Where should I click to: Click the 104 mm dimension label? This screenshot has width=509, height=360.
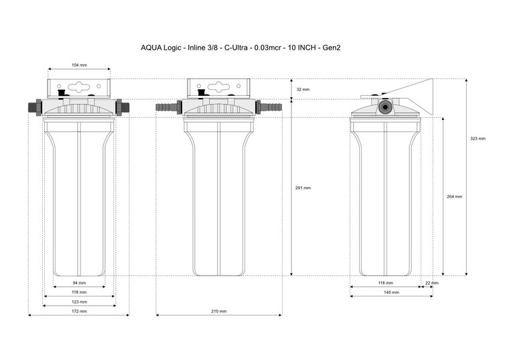coord(79,65)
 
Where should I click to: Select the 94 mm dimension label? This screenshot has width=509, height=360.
coord(79,283)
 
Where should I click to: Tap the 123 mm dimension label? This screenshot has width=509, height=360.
coord(79,302)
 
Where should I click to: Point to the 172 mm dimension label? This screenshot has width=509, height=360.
coord(79,311)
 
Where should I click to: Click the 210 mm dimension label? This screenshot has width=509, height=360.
coord(219,311)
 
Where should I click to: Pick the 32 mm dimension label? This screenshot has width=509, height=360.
coord(303,89)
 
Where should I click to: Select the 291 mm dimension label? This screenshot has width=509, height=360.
coord(303,188)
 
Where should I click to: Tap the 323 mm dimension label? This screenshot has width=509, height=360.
coord(478,138)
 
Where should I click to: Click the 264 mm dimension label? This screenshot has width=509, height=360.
coord(454,196)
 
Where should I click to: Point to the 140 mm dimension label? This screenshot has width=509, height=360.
coord(392,292)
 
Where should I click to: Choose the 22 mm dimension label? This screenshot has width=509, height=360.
coord(432,283)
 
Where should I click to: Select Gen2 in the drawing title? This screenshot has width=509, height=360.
coord(332,48)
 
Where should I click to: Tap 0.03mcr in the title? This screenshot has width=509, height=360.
coord(267,48)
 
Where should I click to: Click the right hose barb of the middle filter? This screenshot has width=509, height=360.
coord(269,107)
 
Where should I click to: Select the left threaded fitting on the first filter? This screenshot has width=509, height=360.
coord(35,107)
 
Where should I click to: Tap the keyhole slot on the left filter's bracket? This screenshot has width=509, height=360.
coord(79,86)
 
